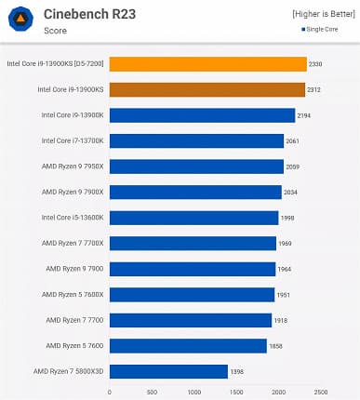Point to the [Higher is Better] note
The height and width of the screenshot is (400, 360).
tap(323, 14)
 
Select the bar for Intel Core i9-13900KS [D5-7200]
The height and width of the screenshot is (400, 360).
tap(207, 64)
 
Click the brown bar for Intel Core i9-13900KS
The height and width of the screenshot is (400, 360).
tap(207, 89)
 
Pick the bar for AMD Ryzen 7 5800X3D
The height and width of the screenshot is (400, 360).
tap(168, 371)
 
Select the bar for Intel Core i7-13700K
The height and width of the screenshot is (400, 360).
tap(196, 140)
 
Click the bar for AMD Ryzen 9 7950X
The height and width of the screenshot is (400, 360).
tap(196, 167)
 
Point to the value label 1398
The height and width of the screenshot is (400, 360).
tap(237, 371)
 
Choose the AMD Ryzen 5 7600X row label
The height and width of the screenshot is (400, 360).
tap(72, 294)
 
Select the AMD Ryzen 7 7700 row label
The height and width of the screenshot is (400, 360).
tap(74, 320)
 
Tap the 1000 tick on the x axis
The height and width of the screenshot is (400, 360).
tap(193, 392)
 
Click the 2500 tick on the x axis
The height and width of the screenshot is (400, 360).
tap(320, 392)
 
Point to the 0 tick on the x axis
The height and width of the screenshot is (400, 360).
tap(110, 392)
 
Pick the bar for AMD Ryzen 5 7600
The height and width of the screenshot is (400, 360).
tap(188, 345)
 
